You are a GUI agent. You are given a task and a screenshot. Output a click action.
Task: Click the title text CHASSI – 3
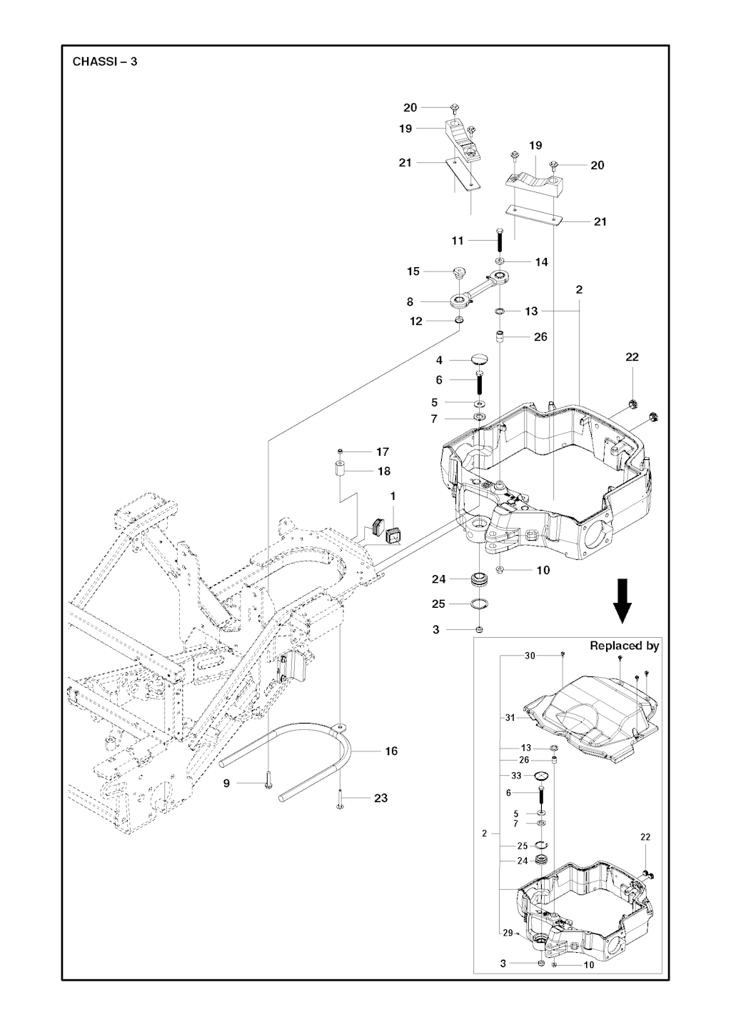pos(105,61)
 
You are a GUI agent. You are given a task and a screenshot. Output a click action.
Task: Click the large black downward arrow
pos(622,601)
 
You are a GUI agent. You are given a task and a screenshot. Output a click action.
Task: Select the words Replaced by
pos(624,646)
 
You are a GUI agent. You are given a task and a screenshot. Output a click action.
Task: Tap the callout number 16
pos(391,751)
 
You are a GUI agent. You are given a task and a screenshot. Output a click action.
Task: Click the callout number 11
pos(458,241)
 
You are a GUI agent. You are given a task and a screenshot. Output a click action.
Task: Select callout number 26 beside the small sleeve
pos(540,336)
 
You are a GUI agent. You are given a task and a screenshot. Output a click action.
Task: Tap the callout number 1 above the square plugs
pos(392,496)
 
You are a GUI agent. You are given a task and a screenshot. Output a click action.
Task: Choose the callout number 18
pos(384,471)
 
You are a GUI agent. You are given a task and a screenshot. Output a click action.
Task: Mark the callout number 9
pos(226,784)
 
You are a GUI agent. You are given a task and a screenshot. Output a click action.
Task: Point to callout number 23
pos(380,798)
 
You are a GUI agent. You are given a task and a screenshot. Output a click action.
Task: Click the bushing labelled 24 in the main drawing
pos(480,578)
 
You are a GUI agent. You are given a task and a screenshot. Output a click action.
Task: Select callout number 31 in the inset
pos(510,717)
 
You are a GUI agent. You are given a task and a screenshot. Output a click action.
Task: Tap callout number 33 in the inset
pos(516,775)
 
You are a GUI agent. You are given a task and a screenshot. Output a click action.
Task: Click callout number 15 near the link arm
pos(413,271)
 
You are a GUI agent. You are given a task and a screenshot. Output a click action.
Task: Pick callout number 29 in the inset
pos(507,933)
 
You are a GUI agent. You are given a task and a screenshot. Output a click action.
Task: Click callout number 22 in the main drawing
pos(632,357)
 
